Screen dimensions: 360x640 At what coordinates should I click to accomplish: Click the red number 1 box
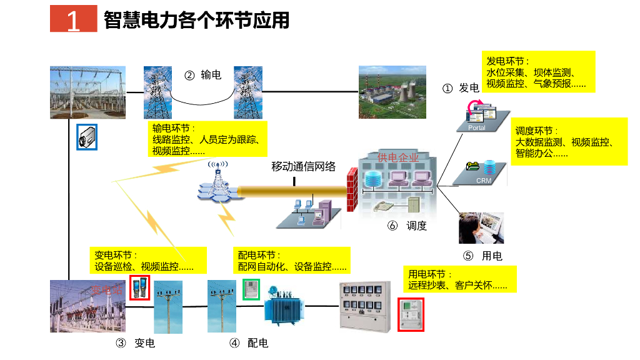[x=73, y=21]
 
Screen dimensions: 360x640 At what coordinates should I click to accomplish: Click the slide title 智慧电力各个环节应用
[x=197, y=20]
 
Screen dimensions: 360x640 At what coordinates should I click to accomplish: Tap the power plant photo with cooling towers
[x=392, y=92]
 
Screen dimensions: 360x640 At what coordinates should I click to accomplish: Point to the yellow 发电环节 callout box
[x=538, y=71]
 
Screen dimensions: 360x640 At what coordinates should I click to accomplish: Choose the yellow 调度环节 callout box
[x=569, y=142]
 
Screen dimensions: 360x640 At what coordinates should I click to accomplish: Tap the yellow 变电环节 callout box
[x=148, y=261]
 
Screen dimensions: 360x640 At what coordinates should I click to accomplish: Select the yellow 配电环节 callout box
[x=292, y=261]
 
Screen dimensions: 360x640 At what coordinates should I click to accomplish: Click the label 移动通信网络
[x=303, y=167]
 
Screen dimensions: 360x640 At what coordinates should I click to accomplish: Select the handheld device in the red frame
[x=139, y=288]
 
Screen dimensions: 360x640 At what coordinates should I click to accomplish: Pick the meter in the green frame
[x=251, y=288]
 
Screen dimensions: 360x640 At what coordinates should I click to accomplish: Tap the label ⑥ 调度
[x=407, y=226]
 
